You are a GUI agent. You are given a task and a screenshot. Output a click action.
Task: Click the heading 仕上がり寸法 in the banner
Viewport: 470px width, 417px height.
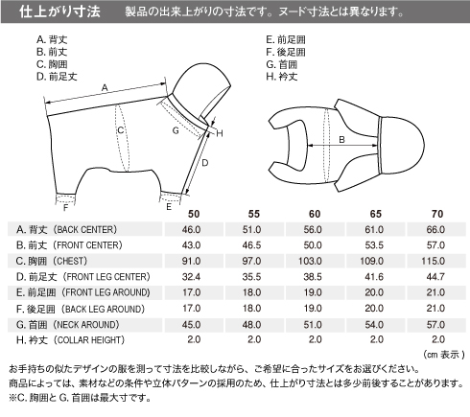point(59,12)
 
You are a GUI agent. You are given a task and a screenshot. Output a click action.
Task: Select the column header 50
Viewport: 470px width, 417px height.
point(194,214)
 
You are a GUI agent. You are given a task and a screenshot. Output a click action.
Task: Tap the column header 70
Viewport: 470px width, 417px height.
point(437,214)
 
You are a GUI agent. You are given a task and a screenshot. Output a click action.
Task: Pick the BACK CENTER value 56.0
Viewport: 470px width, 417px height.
point(313,229)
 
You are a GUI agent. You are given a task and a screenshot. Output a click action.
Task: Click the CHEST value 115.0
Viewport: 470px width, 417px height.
point(433,261)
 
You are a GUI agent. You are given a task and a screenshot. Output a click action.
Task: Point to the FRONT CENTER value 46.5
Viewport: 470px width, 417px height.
point(251,245)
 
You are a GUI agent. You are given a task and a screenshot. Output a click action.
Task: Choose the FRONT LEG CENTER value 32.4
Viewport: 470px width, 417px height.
point(191,276)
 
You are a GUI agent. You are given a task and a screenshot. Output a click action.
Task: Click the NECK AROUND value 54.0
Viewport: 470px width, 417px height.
point(374,324)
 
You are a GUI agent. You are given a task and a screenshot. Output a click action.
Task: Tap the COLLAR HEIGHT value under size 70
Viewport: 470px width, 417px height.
point(438,339)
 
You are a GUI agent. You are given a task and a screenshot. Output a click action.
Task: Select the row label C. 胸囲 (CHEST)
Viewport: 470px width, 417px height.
point(52,261)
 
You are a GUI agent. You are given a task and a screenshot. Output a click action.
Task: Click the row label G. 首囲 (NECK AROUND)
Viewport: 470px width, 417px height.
point(68,325)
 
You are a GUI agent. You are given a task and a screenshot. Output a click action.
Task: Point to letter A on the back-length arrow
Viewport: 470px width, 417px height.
point(105,87)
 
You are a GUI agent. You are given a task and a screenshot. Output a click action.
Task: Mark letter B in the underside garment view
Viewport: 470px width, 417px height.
point(341,140)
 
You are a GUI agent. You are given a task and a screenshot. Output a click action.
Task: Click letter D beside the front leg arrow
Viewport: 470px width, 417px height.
point(205,163)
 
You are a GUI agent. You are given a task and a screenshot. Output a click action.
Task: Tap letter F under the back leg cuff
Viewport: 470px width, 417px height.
point(65,208)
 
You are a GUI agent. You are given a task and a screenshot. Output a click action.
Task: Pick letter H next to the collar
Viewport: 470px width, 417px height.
point(220,133)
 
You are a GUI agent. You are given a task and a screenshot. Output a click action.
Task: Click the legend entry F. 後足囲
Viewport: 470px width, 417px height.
point(286,52)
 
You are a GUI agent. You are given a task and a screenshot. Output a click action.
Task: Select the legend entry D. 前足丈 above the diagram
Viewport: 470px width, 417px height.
point(57,77)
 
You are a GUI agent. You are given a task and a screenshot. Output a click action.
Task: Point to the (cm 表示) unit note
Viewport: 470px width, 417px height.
point(444,355)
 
